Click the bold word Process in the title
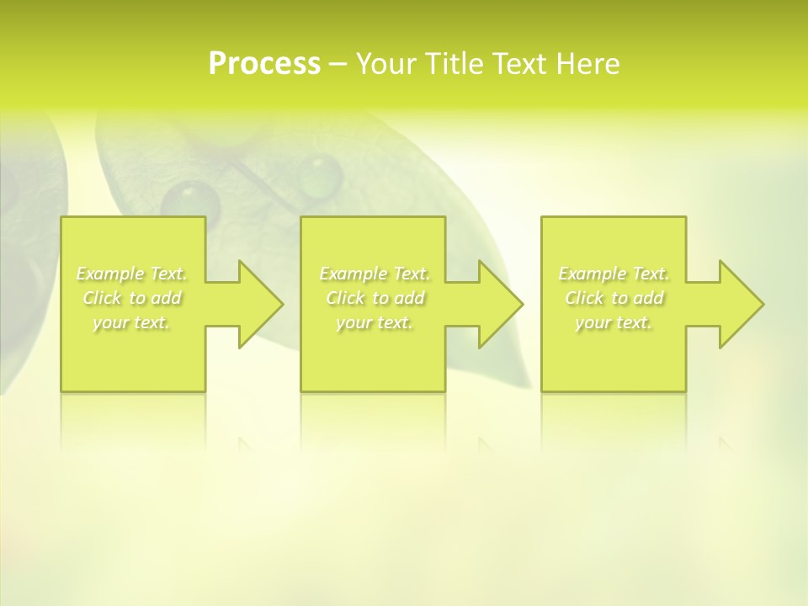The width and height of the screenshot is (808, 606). [x=264, y=64]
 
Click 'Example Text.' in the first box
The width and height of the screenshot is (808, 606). [x=132, y=274]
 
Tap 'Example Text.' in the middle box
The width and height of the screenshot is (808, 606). [x=375, y=274]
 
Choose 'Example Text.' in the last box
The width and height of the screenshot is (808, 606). [x=614, y=274]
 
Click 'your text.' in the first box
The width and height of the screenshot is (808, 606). [x=131, y=322]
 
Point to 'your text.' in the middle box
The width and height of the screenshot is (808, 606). [x=375, y=322]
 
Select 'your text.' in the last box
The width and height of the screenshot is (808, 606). [x=614, y=322]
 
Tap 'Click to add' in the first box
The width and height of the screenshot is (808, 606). [x=132, y=298]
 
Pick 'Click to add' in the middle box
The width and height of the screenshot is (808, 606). [x=375, y=298]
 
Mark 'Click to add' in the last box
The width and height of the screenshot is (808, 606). [x=614, y=298]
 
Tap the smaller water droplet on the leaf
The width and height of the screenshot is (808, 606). [x=320, y=176]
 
